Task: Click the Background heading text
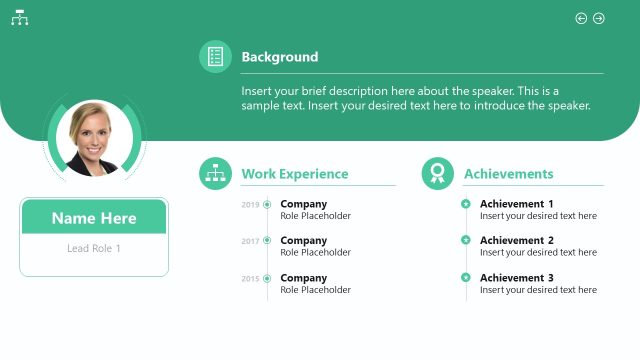280,57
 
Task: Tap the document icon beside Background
215,57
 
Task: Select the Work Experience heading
295,174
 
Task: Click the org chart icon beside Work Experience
215,174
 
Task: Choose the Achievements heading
508,174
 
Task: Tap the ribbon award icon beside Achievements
437,174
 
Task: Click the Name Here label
94,218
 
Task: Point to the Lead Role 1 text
94,248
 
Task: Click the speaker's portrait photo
94,138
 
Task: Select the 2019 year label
250,205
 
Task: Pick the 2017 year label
250,241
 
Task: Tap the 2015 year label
250,278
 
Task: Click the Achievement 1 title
516,204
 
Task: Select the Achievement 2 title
516,240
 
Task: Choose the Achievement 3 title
516,278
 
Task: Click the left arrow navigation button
581,18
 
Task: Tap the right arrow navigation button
599,18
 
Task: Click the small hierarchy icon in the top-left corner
19,19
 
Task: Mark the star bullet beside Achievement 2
466,240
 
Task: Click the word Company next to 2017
303,240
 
